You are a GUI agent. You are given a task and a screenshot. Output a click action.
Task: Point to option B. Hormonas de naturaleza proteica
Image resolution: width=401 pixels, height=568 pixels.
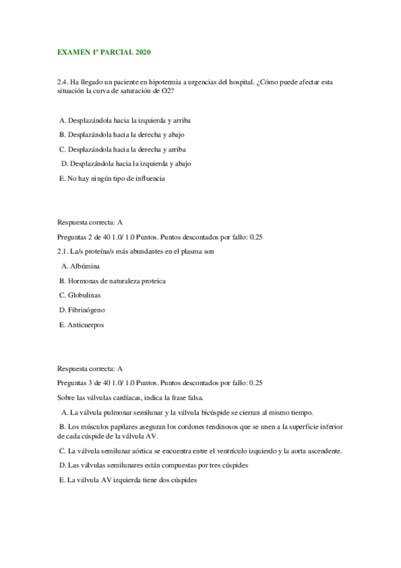point(112,281)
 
